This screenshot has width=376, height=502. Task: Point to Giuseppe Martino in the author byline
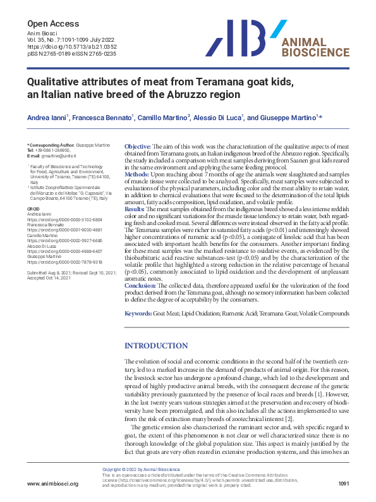293,118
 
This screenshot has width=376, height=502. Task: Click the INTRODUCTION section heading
156,346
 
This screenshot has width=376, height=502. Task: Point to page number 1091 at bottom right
343,484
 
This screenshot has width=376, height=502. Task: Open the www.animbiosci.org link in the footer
52,484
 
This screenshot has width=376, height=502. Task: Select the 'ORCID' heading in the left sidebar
33,207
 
